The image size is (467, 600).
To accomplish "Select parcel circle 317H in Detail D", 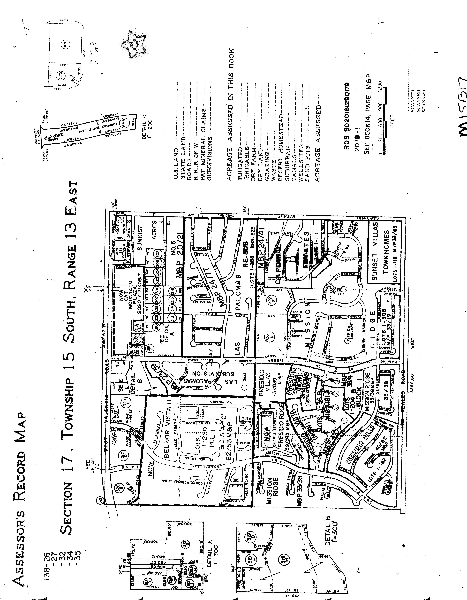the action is [66, 44].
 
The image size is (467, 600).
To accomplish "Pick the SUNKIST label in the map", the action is [141, 238].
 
